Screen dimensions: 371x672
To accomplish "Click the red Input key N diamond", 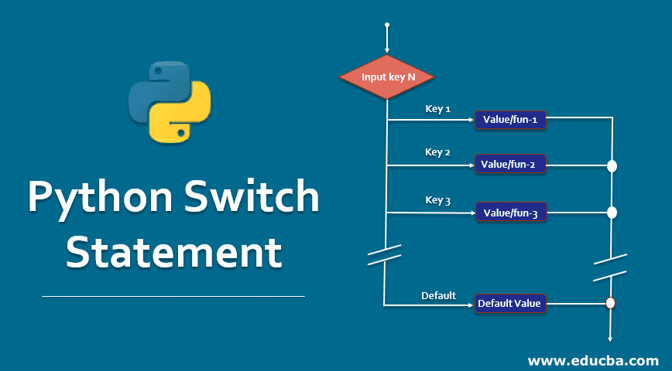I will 386,77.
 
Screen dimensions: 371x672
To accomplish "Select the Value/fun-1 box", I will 510,120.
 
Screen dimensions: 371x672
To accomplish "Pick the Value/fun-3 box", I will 510,213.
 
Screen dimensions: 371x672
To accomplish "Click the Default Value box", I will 510,304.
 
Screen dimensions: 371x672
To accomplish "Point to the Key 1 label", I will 438,108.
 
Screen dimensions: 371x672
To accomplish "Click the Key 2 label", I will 438,151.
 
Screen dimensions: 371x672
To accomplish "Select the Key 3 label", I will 438,199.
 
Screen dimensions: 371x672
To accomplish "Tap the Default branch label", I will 438,294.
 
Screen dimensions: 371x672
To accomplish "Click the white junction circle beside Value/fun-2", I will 612,165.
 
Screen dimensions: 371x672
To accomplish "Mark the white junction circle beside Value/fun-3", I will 612,213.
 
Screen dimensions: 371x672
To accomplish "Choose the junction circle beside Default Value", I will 610,304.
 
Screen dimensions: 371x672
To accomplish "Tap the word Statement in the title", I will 173,254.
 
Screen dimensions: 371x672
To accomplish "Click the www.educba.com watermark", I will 593,360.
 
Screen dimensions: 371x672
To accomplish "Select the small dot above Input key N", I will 386,26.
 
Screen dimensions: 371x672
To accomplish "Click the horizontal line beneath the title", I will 173,296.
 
